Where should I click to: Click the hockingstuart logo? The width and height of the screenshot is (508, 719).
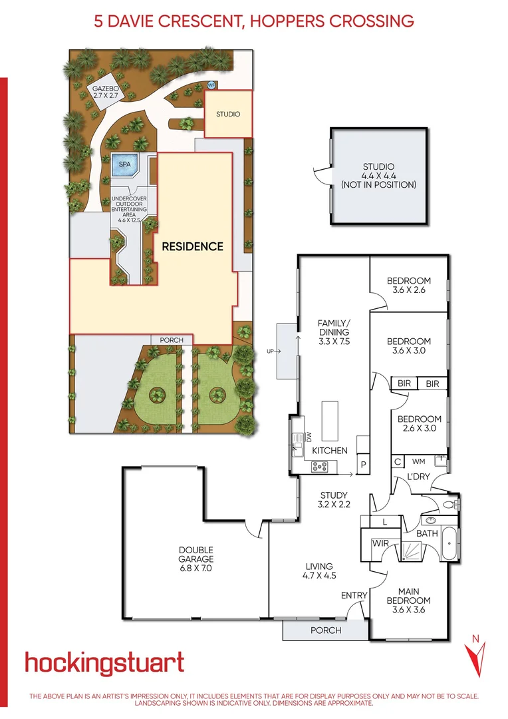(104, 663)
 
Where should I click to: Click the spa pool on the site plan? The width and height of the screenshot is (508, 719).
(124, 164)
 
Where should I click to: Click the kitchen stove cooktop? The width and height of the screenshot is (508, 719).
(320, 467)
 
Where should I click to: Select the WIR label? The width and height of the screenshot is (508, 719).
(380, 544)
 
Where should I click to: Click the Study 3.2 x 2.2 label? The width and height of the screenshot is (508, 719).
(333, 500)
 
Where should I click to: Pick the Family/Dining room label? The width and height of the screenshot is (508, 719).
(334, 332)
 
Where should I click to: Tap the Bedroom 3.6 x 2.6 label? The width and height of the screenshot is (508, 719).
(409, 286)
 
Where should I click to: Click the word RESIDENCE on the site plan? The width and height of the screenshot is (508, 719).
(193, 246)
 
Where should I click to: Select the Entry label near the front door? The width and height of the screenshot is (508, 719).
(353, 595)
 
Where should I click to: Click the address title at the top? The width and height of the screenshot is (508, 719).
(254, 21)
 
